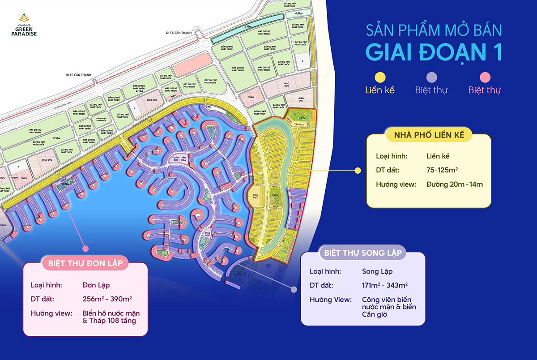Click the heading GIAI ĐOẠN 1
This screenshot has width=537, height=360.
point(433,52)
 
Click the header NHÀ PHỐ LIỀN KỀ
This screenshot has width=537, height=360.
point(428,134)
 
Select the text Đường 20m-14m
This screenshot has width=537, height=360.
point(454,184)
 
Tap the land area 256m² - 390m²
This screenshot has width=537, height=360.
point(107,299)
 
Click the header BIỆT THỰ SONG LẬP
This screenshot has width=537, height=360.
point(363,253)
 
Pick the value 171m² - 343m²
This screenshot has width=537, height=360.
point(384,285)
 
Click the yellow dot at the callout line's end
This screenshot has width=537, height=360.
point(357,170)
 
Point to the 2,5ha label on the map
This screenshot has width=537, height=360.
point(57,139)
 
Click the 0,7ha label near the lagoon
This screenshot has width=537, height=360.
point(65,184)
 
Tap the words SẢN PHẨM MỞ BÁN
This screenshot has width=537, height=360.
point(433,30)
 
